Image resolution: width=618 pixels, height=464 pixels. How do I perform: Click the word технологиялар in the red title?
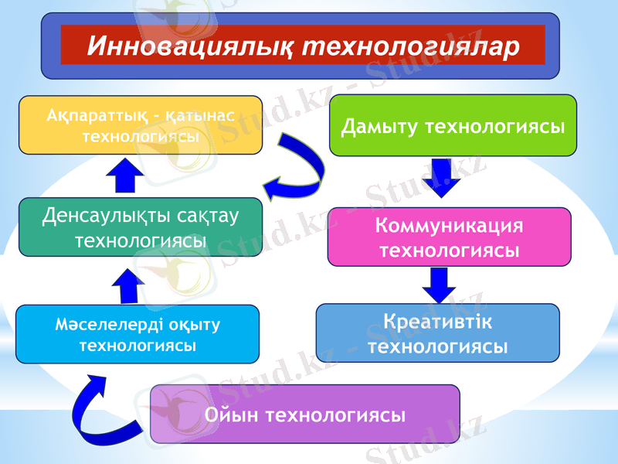click(x=409, y=46)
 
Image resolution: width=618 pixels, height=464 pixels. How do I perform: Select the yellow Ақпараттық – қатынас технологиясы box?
click(x=141, y=125)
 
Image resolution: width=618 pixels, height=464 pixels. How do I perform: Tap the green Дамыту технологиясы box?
click(x=453, y=125)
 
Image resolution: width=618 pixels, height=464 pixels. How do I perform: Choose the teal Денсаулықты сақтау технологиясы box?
click(x=141, y=227)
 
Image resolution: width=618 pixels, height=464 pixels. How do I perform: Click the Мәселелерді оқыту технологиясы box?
click(x=138, y=334)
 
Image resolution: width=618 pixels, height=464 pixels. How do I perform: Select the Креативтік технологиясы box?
click(x=437, y=333)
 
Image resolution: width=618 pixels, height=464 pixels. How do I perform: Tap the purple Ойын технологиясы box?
click(x=304, y=415)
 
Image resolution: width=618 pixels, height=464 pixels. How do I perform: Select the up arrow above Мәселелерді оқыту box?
click(x=127, y=286)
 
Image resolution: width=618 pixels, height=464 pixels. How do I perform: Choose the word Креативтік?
click(x=437, y=320)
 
